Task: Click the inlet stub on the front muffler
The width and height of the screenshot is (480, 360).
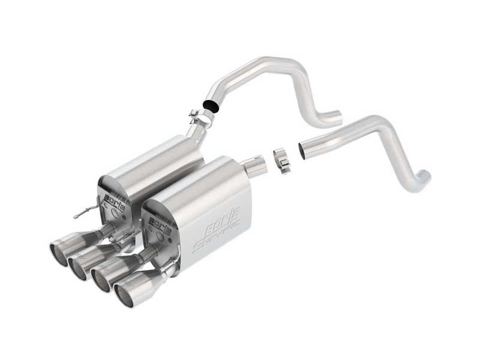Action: (255, 164)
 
